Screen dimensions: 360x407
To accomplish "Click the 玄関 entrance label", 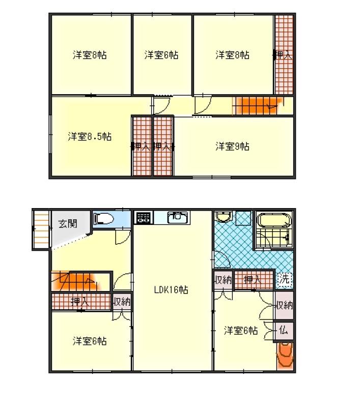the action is coord(68,223).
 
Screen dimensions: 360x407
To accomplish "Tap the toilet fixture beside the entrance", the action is coord(103,219).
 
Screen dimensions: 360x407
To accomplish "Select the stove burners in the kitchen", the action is coord(143,218).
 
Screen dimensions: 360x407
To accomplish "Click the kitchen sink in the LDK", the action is coord(177,217).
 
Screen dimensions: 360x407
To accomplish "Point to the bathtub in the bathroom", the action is coord(274,220).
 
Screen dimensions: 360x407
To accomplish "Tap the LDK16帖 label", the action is coord(171,289).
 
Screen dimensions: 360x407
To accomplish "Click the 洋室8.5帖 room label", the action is coord(90,136).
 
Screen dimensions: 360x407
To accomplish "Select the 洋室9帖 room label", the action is coord(232,147).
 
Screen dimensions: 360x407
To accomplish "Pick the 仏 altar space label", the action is coord(284,330).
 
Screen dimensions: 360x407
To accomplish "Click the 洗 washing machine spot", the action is coord(284,279).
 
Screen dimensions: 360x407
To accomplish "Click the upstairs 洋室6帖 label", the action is coord(161,55).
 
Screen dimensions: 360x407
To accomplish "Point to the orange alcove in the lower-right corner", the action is coord(285,356).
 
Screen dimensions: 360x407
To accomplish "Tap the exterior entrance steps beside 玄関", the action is coord(41,230).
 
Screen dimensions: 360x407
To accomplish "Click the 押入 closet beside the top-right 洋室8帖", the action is coord(284,55).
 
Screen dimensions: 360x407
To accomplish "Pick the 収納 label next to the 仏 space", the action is coord(285,305).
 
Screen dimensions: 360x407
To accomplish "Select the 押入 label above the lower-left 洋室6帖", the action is coord(80,301).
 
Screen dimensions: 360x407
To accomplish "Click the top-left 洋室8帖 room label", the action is coord(90,55).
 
